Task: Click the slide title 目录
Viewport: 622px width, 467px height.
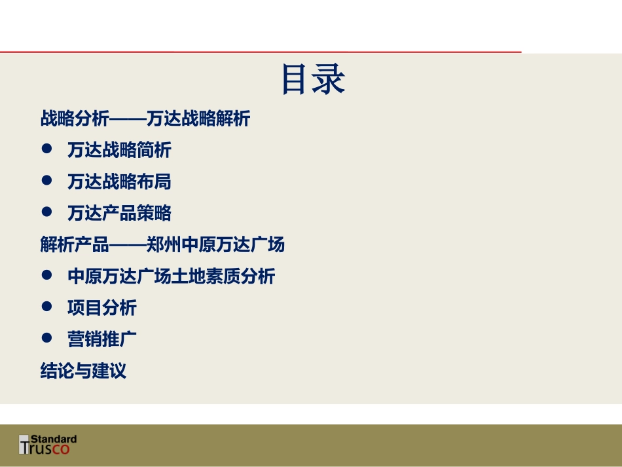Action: [x=312, y=80]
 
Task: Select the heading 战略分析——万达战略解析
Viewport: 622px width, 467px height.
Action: [x=145, y=119]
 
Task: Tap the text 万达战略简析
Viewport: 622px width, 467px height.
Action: [x=119, y=150]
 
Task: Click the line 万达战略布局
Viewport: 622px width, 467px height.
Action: [x=119, y=181]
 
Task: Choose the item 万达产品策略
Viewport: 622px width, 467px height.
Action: [x=119, y=213]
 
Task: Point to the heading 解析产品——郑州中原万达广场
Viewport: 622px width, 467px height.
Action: [x=162, y=245]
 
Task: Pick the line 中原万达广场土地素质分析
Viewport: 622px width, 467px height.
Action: [x=171, y=276]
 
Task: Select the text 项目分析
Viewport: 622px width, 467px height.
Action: [x=102, y=308]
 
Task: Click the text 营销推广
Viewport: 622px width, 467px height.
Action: [x=102, y=339]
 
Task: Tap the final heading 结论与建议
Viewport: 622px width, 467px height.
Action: [x=83, y=371]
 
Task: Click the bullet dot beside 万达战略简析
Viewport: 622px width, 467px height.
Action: [x=46, y=149]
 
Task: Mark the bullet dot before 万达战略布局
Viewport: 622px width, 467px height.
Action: [x=46, y=181]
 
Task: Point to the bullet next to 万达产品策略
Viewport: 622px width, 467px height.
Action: [x=46, y=212]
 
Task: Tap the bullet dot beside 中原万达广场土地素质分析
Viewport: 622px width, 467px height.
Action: [x=46, y=276]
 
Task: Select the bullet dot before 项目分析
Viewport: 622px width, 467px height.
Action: [x=46, y=307]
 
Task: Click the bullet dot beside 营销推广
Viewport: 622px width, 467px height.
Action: [x=46, y=339]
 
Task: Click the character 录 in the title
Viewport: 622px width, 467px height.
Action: [x=329, y=80]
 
